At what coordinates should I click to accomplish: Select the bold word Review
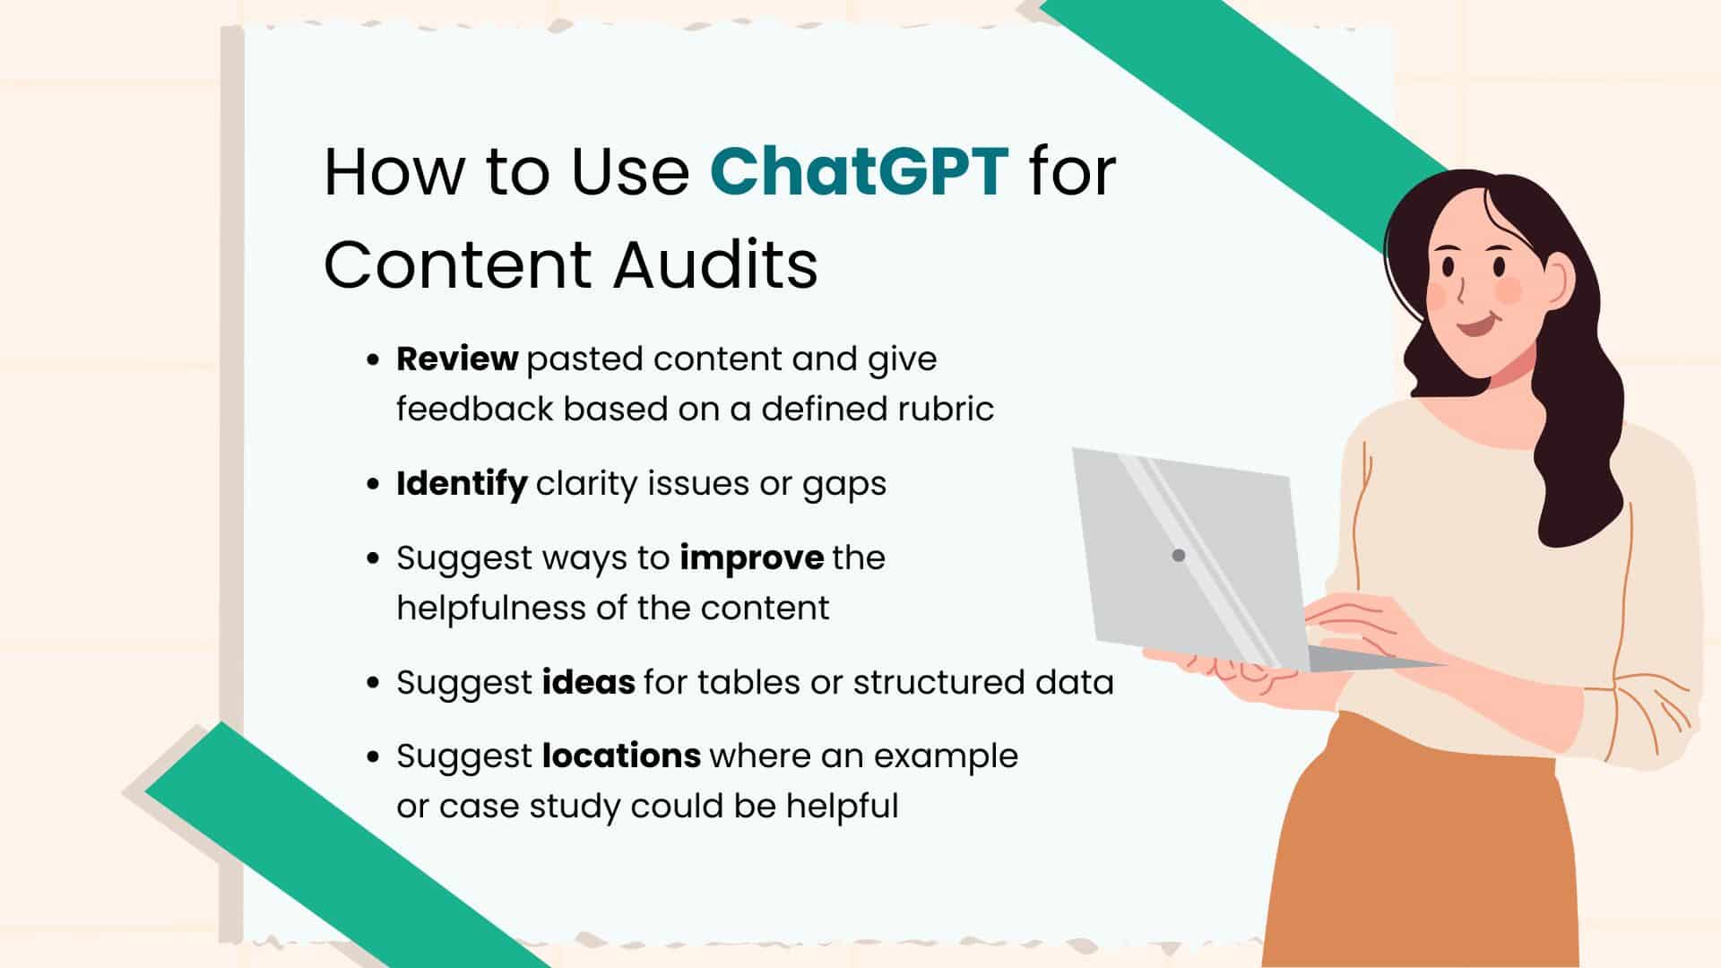click(x=457, y=359)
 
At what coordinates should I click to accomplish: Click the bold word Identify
click(x=462, y=484)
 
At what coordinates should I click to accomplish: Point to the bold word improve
click(x=751, y=557)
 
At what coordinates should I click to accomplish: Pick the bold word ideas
click(x=589, y=682)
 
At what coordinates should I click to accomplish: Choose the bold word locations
click(x=621, y=756)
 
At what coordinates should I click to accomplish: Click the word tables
click(x=748, y=682)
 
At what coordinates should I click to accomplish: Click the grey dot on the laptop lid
click(x=1179, y=556)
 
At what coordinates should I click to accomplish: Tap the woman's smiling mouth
click(x=1475, y=324)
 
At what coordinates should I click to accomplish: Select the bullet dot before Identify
click(x=374, y=485)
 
